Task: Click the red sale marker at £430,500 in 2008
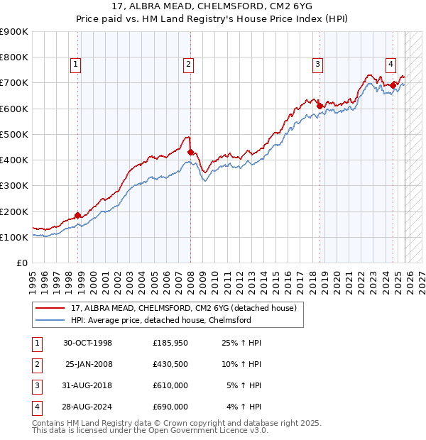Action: [190, 152]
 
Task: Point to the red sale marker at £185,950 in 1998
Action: [77, 215]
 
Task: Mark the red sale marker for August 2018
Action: [319, 106]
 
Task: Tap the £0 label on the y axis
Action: [21, 263]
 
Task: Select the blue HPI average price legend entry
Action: [160, 320]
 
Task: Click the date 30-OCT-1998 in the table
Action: [87, 343]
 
